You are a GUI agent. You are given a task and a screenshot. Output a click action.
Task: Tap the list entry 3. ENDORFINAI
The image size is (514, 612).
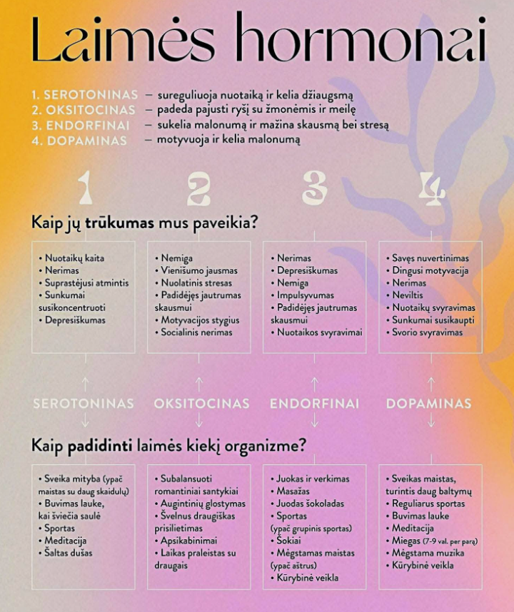click(80, 126)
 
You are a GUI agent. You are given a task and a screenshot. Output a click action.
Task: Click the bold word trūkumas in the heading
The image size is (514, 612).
click(119, 222)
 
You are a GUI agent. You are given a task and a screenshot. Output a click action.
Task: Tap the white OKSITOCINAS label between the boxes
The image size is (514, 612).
click(201, 404)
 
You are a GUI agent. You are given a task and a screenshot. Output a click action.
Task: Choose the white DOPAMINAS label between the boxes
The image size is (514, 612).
click(428, 404)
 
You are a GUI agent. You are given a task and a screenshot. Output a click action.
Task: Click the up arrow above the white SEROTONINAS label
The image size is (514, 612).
click(84, 383)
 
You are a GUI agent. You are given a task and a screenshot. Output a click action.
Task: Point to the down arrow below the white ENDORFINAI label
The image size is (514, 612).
click(314, 422)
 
